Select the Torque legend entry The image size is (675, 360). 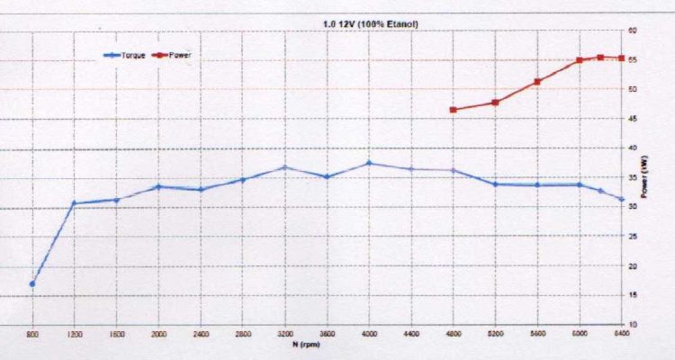pos(121,56)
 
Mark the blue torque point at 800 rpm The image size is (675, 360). pos(32,283)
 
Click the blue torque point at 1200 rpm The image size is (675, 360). pos(74,203)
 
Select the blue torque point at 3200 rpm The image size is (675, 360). pos(284,167)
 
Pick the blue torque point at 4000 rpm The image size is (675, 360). pos(369,163)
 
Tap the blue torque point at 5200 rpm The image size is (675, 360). pos(495,184)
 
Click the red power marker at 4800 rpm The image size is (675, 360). pos(453,110)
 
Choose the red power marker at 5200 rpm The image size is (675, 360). pos(495,103)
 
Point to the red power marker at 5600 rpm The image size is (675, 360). pos(537,81)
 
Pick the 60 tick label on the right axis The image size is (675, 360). pos(634,31)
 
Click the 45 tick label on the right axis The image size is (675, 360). pos(634,119)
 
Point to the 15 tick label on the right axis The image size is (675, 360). pos(634,295)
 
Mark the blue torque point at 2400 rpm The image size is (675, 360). pos(201,189)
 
